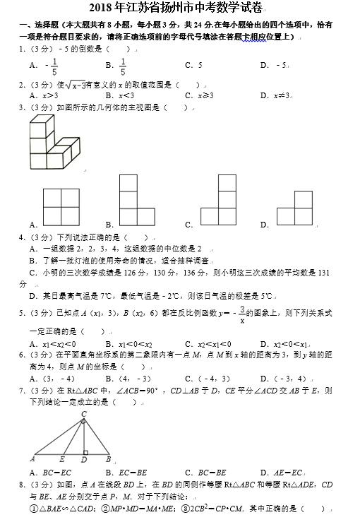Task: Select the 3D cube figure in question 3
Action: pyautogui.click(x=56, y=143)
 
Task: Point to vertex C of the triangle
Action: pyautogui.click(x=84, y=415)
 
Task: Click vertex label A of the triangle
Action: pyautogui.click(x=32, y=459)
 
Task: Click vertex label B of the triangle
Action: pyautogui.click(x=107, y=459)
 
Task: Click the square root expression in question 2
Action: pyautogui.click(x=73, y=85)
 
